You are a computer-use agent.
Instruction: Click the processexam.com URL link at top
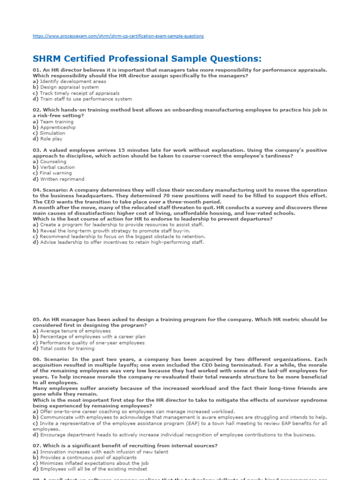point(118,36)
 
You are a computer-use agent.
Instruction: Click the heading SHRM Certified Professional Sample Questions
point(147,59)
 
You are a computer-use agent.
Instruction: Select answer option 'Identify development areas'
point(73,82)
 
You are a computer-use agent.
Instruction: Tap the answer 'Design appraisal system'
point(69,87)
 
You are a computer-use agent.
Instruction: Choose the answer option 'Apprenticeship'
point(58,127)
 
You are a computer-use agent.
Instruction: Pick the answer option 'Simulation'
point(52,133)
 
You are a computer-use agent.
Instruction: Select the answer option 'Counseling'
point(53,162)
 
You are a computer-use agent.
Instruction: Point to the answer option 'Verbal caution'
point(57,167)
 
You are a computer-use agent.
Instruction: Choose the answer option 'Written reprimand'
point(62,179)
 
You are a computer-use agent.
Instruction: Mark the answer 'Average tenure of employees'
point(75,331)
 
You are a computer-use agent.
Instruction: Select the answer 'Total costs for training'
point(67,348)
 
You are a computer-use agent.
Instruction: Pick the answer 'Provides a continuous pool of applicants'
point(88,457)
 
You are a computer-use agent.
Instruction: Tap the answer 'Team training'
point(57,122)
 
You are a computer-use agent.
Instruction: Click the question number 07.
point(37,446)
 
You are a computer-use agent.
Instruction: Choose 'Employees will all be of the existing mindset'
point(93,469)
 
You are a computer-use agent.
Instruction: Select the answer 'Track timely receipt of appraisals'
point(79,93)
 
